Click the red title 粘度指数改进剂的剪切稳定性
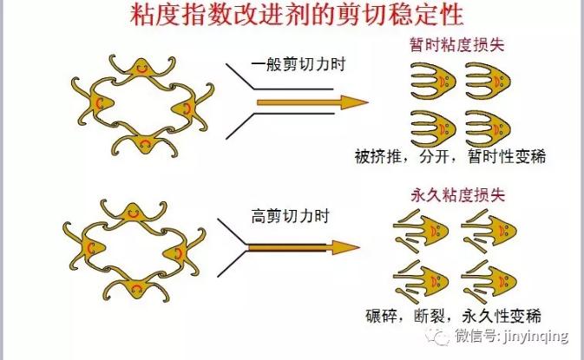[x=297, y=15]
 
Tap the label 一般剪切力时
[x=299, y=64]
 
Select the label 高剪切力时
[x=291, y=216]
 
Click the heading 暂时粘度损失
[x=457, y=44]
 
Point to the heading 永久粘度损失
[x=458, y=195]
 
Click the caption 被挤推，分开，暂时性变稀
[x=449, y=156]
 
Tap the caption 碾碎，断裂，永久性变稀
[x=453, y=317]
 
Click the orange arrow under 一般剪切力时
[x=313, y=102]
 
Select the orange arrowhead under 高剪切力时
[x=344, y=247]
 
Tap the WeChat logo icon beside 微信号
[x=438, y=336]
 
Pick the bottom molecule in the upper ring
[x=145, y=141]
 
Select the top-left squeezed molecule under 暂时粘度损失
[x=433, y=81]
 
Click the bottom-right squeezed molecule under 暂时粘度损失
[x=488, y=129]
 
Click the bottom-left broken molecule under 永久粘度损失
[x=421, y=282]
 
